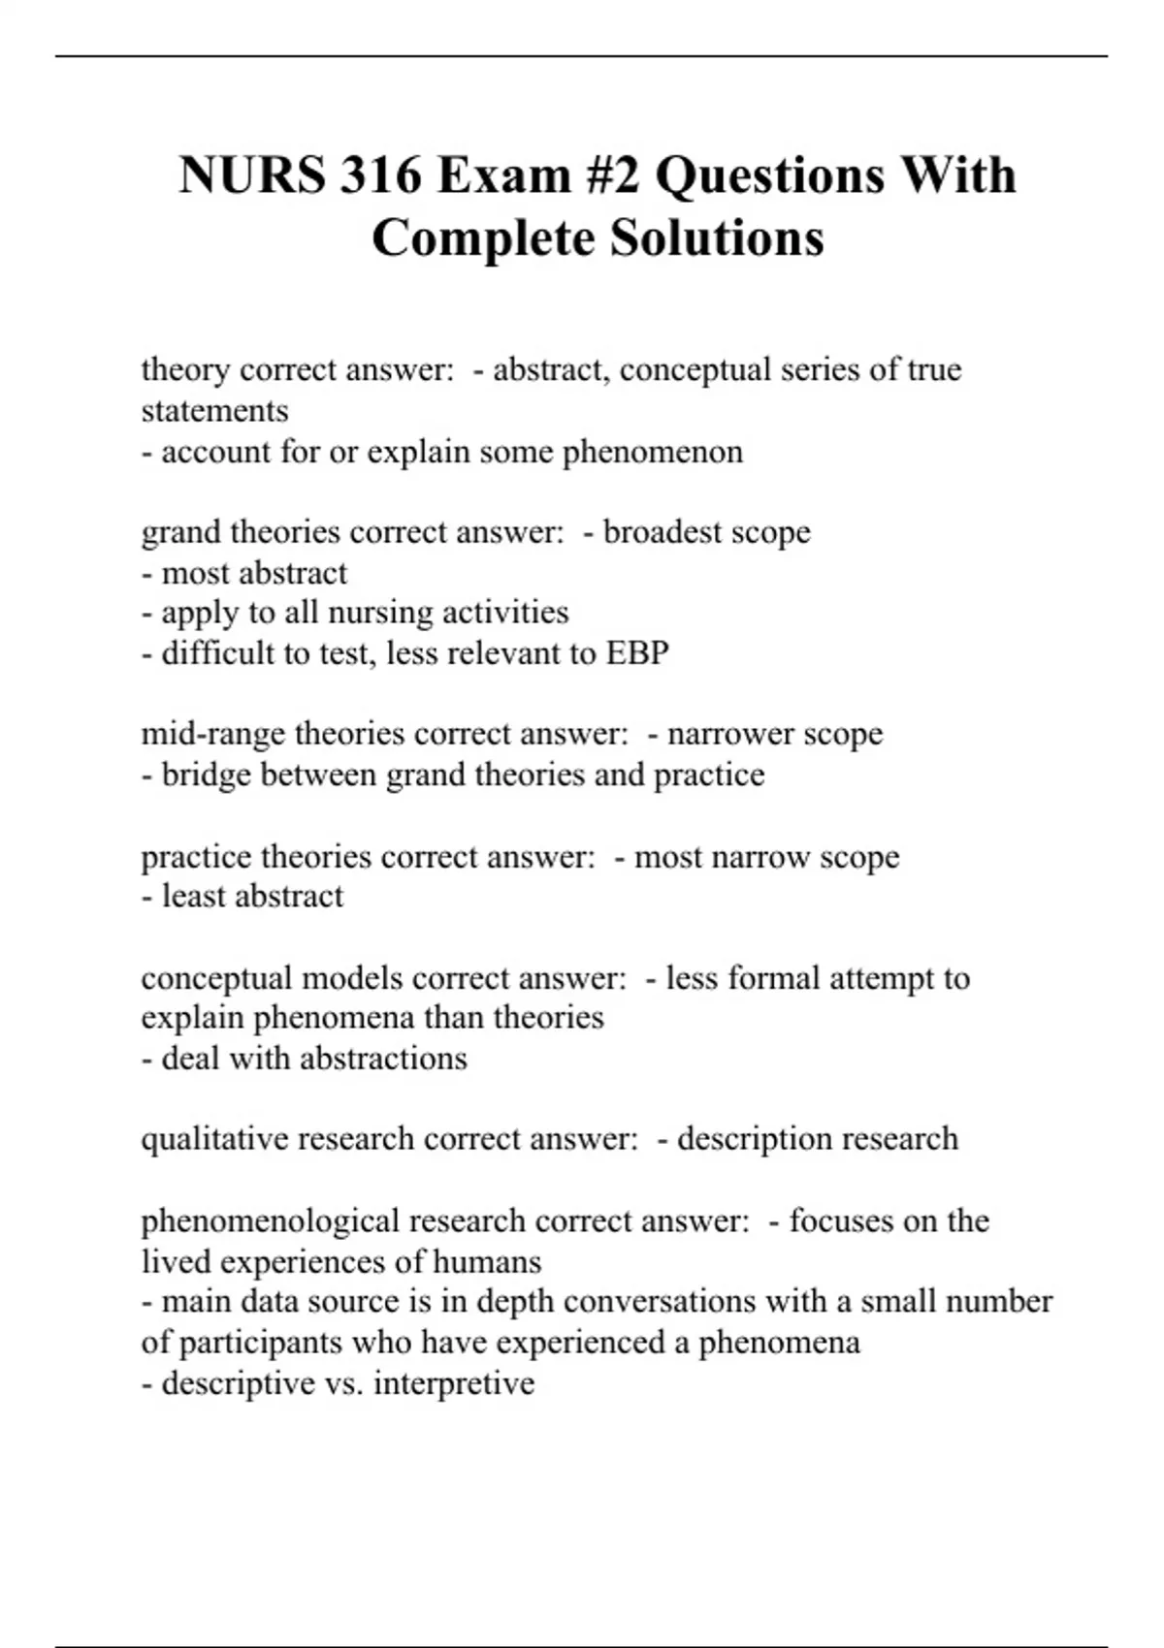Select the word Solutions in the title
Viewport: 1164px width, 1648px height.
coord(716,238)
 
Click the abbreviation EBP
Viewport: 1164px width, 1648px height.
coord(637,653)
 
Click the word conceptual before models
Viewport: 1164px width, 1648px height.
coord(216,978)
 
